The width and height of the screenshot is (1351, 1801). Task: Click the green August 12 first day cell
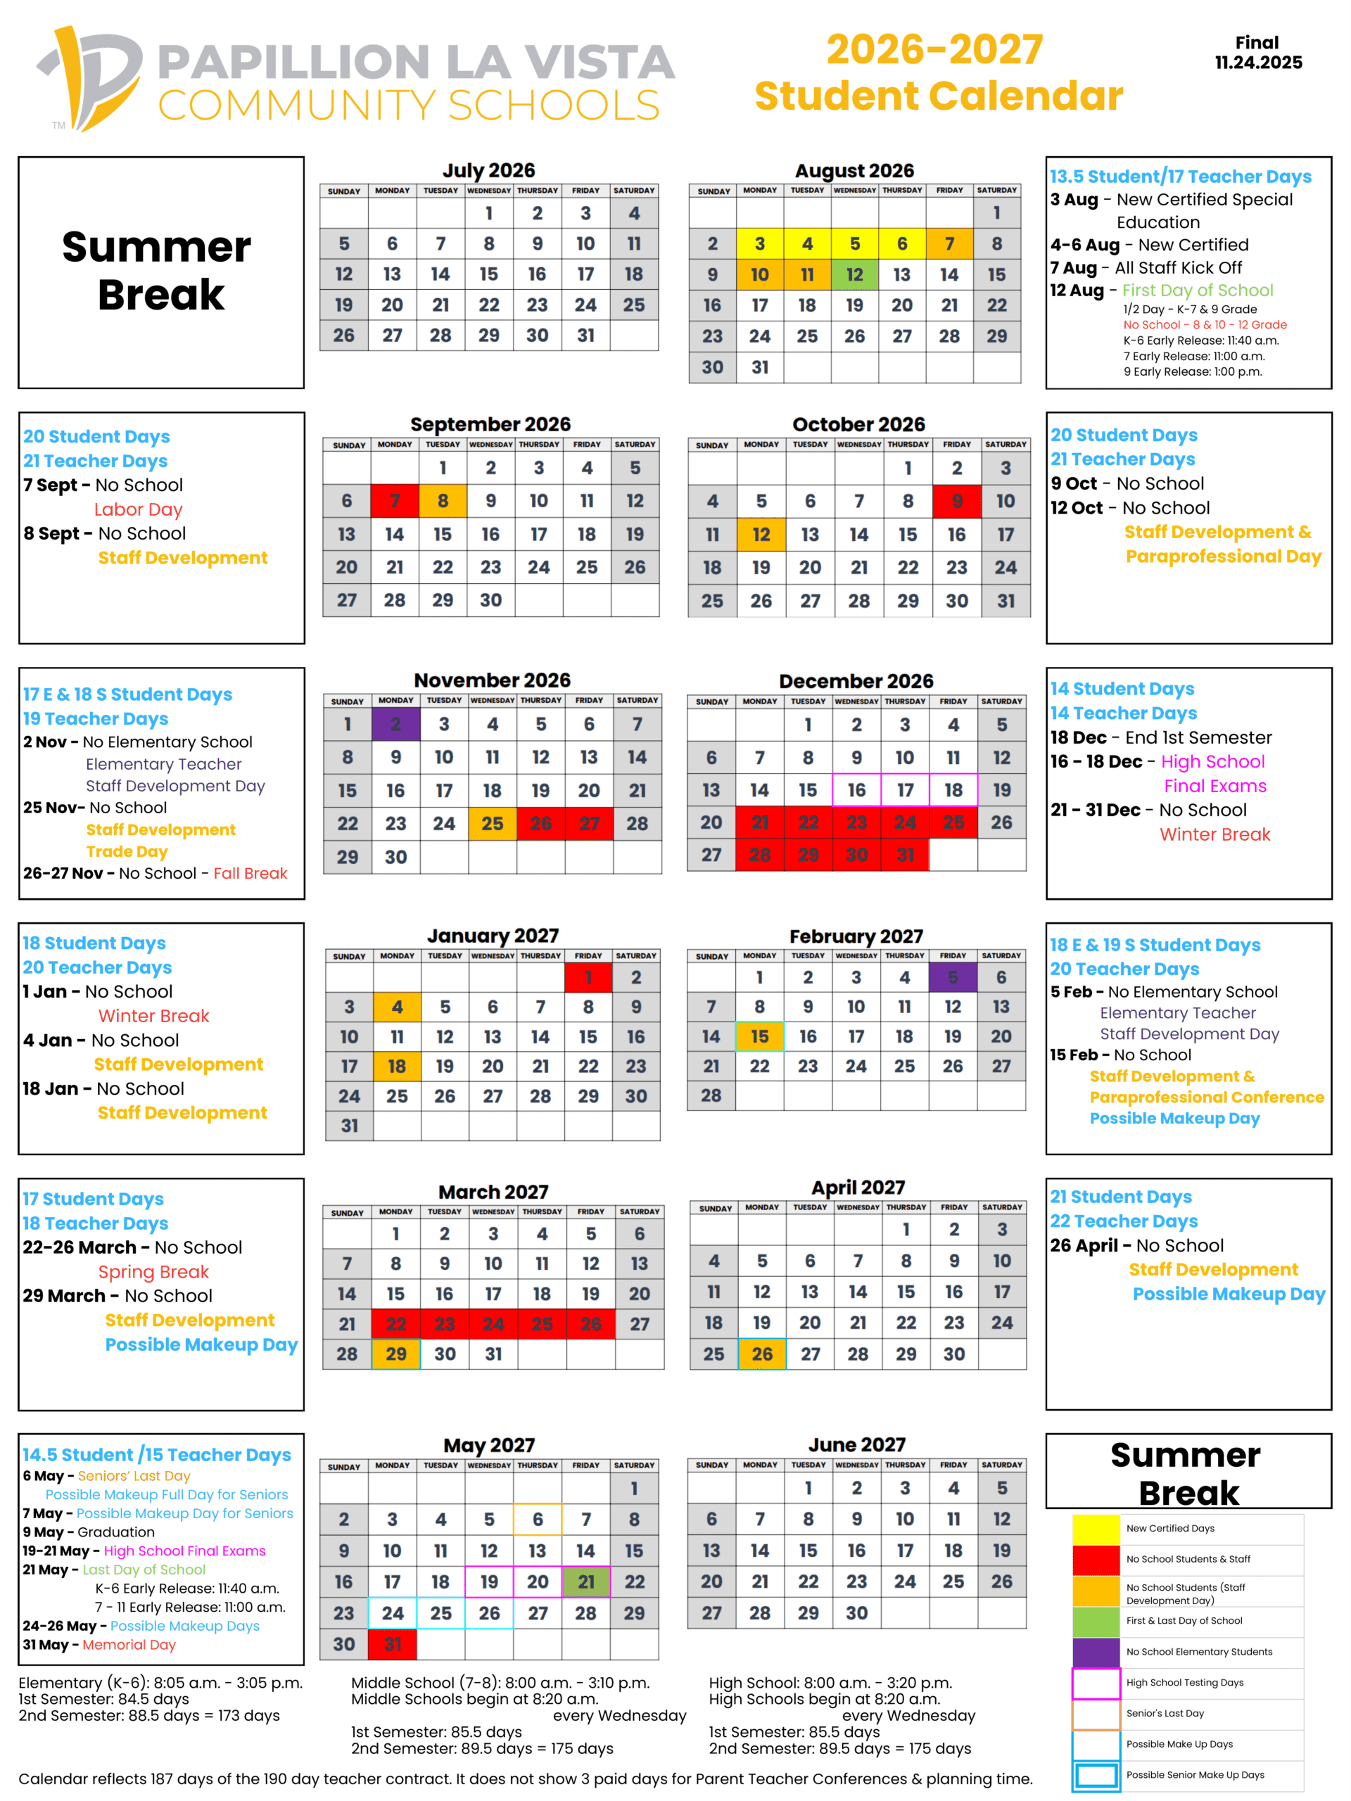click(x=854, y=274)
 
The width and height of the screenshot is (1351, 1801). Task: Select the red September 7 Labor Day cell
click(x=394, y=501)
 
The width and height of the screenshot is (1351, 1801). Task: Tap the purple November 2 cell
click(x=395, y=724)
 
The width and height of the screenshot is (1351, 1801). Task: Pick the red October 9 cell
click(x=957, y=501)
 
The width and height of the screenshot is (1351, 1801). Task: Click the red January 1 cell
click(x=588, y=977)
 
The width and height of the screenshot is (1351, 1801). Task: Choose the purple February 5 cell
click(x=953, y=977)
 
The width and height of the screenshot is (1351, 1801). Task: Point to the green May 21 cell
click(x=586, y=1582)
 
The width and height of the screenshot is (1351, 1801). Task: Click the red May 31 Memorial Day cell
click(x=393, y=1644)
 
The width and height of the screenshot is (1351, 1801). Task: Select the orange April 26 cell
click(x=762, y=1353)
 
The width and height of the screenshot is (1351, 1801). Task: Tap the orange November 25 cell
click(x=492, y=823)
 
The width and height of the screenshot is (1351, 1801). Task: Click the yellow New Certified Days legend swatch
click(x=1096, y=1528)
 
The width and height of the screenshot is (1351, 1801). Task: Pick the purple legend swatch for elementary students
click(x=1096, y=1651)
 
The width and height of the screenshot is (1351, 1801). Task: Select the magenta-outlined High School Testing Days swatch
click(x=1096, y=1682)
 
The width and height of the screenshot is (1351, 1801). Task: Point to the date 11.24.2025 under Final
click(x=1258, y=63)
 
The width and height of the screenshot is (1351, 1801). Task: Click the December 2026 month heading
click(x=856, y=681)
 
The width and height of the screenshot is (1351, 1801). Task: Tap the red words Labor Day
click(x=139, y=509)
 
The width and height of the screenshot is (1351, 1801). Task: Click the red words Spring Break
click(x=153, y=1272)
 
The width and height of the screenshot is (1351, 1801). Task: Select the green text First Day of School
click(x=1197, y=290)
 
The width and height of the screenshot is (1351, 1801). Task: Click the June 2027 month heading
click(x=857, y=1444)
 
